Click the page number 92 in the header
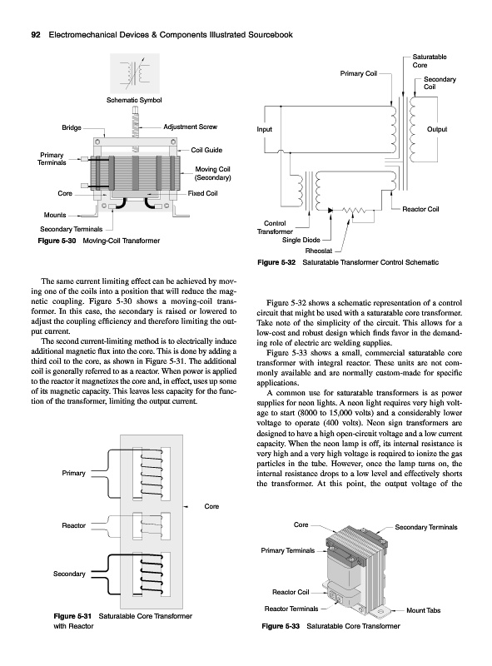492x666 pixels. tap(36, 35)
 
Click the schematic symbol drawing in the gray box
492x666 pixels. tap(135, 73)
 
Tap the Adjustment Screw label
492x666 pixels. tap(191, 127)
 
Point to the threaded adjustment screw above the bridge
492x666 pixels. tap(136, 122)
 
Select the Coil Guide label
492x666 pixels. tap(206, 150)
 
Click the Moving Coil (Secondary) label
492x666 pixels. tap(212, 173)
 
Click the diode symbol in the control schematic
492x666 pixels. tap(330, 210)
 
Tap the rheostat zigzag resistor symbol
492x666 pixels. tap(355, 210)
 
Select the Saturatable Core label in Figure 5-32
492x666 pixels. tap(429, 61)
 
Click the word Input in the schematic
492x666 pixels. tap(264, 129)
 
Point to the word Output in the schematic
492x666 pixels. tap(437, 129)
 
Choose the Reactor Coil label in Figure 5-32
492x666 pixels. tap(420, 209)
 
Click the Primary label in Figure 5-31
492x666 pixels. tap(73, 473)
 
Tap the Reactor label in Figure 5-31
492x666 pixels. tap(73, 525)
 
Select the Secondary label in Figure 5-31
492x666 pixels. tap(69, 574)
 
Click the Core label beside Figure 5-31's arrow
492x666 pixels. tap(211, 506)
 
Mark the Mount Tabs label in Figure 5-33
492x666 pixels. tap(423, 610)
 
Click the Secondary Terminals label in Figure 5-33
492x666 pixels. tap(426, 527)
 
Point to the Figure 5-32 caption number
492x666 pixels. tap(276, 262)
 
